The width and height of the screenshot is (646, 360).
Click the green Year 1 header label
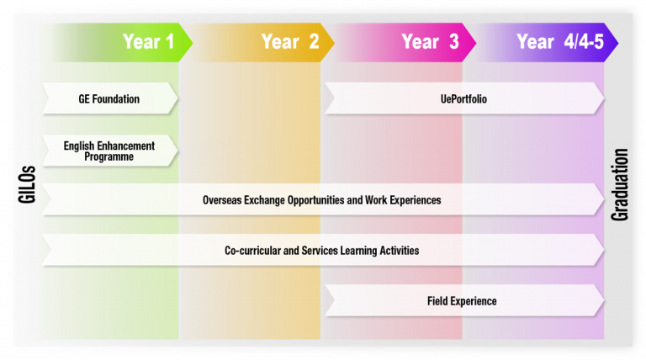148,41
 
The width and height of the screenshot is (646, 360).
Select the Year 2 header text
290,41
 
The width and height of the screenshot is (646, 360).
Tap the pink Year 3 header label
430,41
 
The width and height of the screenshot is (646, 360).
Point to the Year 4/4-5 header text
560,41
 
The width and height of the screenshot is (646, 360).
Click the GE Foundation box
109,98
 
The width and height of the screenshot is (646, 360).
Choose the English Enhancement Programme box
109,151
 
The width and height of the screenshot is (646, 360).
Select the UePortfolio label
463,99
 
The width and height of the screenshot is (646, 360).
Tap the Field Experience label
462,301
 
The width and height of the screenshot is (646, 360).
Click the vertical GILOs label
27,184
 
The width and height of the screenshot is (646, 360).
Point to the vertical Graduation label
619,184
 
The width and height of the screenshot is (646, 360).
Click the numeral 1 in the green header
170,41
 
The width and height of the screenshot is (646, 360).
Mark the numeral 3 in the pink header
454,41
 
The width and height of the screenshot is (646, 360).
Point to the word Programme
109,157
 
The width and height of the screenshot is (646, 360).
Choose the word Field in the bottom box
437,301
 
